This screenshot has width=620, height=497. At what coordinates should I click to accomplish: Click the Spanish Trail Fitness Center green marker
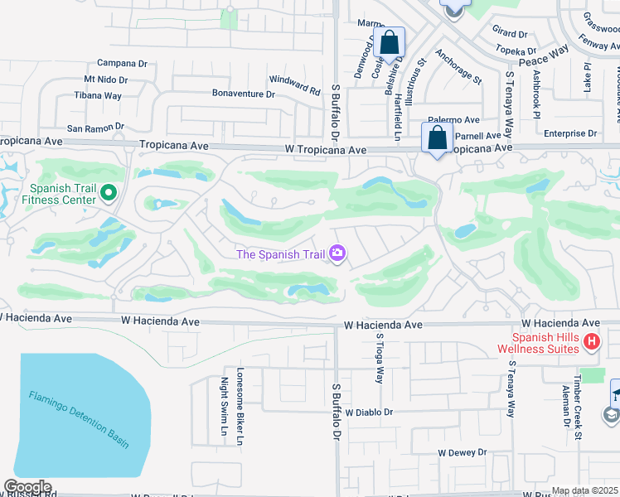[x=108, y=194]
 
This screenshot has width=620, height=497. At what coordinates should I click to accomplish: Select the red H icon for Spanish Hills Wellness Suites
[x=590, y=341]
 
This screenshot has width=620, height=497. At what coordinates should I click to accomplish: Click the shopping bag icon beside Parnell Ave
[x=436, y=138]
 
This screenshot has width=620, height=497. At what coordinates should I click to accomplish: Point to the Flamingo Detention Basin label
[x=79, y=420]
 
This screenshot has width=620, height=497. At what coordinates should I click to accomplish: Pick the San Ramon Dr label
[x=95, y=128]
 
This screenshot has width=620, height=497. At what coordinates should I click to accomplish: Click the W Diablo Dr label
[x=369, y=412]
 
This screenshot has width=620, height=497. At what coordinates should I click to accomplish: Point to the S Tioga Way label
[x=379, y=357]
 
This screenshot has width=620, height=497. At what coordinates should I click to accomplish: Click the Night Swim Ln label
[x=224, y=406]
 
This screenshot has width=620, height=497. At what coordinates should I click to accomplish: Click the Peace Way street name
[x=544, y=62]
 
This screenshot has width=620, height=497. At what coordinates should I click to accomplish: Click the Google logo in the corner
[x=27, y=487]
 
